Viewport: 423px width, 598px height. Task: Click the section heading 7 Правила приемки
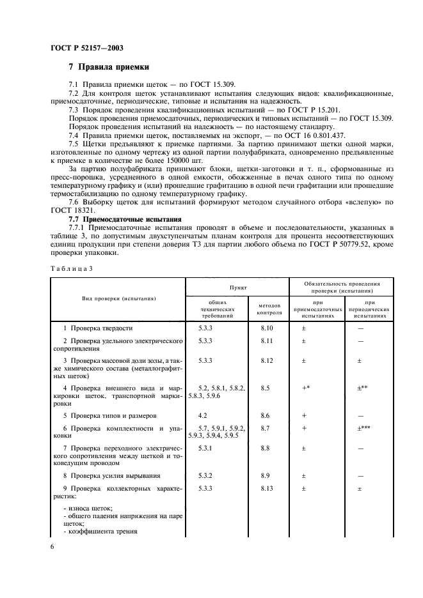click(x=109, y=66)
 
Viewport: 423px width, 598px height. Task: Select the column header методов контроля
click(x=269, y=309)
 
